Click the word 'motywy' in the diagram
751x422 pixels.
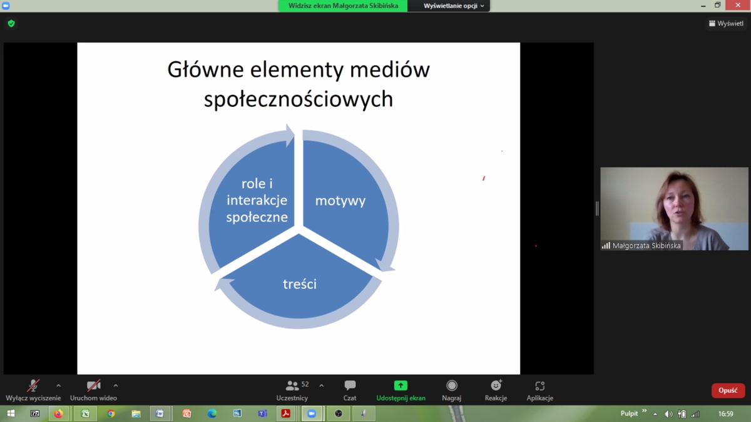coord(340,201)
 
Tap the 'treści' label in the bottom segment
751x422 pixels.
coord(300,284)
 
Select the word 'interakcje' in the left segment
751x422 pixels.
coord(257,200)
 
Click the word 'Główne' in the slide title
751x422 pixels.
coord(205,70)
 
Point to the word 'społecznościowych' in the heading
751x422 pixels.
coord(299,99)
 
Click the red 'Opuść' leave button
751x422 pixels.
coord(728,391)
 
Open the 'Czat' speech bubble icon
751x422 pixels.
coord(350,386)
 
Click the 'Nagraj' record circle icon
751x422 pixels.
coord(452,386)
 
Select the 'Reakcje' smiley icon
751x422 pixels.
coord(496,385)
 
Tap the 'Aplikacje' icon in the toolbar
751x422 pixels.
coord(539,386)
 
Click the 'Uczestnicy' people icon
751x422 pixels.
coord(292,386)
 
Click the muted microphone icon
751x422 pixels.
coord(33,386)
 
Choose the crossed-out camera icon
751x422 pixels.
coord(93,386)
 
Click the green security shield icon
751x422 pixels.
coord(11,24)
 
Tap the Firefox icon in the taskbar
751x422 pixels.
coord(59,414)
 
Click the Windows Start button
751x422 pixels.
coord(11,414)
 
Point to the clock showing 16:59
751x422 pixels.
coord(726,414)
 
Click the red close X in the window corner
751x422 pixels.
coord(738,5)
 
